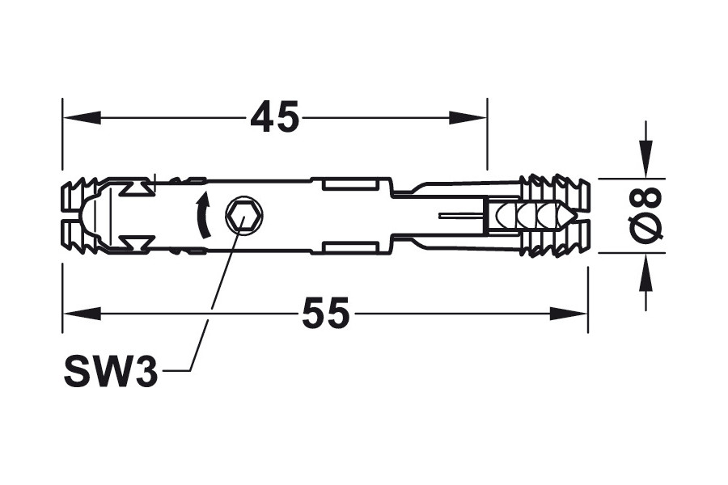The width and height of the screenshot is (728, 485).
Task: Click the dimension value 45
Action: click(x=275, y=117)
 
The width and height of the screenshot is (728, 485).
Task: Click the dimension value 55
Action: click(x=325, y=314)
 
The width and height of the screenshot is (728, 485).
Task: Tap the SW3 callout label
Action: click(x=111, y=371)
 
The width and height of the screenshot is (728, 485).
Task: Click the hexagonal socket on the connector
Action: click(x=244, y=215)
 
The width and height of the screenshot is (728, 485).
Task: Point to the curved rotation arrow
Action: click(x=201, y=215)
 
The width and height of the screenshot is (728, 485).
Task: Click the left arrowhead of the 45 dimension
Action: click(x=82, y=117)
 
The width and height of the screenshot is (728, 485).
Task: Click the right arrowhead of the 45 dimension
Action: click(x=468, y=117)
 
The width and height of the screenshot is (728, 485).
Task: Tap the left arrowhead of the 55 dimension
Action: click(x=82, y=314)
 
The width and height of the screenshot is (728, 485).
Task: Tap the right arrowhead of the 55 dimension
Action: click(x=569, y=314)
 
